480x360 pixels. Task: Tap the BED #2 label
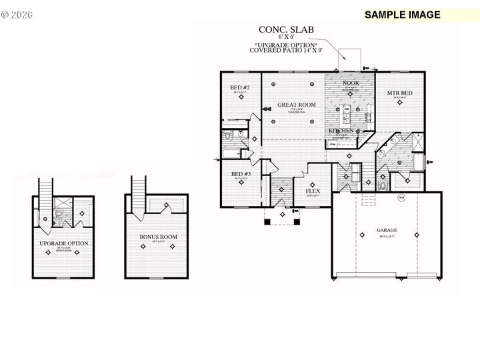240,88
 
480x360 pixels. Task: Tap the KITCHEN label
341,131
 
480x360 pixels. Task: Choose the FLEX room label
313,191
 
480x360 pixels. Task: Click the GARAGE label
387,230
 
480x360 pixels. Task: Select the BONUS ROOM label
157,237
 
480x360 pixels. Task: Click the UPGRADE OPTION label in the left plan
64,243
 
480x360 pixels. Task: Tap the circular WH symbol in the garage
401,198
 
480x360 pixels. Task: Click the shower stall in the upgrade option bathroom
62,206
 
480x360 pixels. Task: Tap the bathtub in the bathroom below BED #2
230,155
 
